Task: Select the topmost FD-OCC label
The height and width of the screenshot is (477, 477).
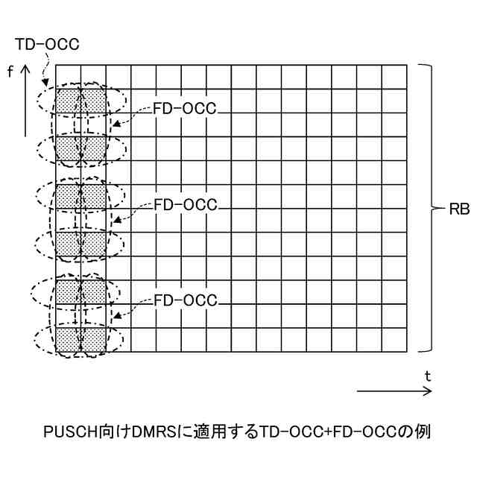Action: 184,108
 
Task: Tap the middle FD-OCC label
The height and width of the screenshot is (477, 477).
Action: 184,204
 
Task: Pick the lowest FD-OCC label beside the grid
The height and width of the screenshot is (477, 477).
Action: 184,300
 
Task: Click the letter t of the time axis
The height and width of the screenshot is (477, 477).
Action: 427,376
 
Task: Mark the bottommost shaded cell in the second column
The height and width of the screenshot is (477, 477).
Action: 93,340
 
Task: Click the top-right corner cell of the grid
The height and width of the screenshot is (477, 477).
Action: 395,77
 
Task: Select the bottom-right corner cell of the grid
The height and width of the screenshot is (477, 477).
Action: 395,340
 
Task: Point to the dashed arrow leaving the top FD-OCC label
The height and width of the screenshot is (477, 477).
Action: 130,116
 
